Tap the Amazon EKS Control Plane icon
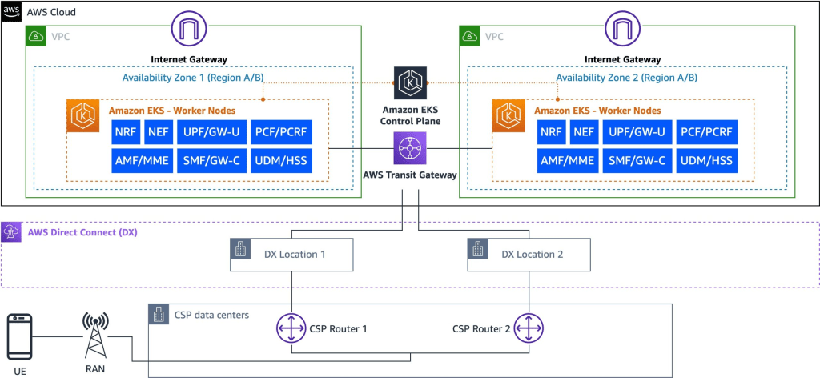pos(410,82)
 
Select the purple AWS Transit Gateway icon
pos(410,148)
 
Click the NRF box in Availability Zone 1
pos(126,131)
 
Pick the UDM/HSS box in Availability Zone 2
pos(705,160)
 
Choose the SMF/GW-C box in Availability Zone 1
pos(211,160)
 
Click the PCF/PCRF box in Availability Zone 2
pos(705,131)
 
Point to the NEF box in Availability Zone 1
pos(159,131)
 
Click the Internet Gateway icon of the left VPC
pos(188,31)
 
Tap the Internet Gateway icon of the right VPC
pos(622,31)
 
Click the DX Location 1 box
pos(289,254)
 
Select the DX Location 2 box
pos(529,254)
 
